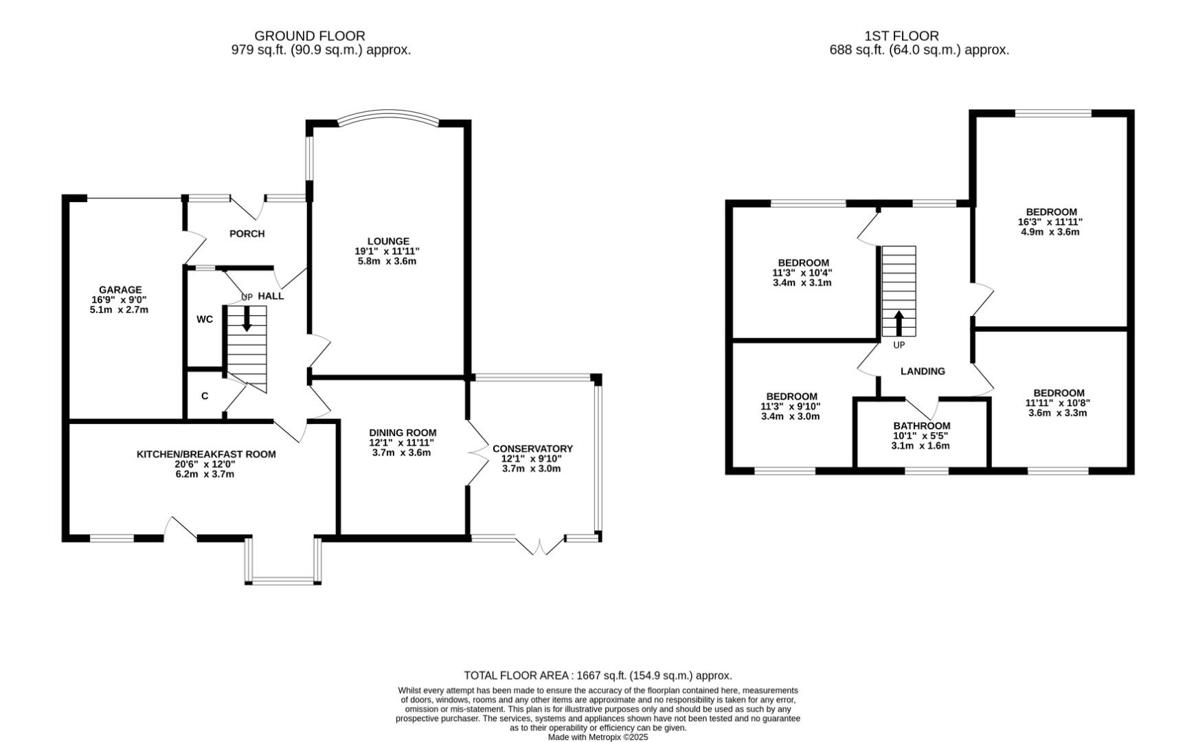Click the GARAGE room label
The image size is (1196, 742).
[120, 290]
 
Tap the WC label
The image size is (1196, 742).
[205, 319]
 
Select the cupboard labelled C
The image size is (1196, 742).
[205, 396]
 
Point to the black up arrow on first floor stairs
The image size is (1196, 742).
[899, 324]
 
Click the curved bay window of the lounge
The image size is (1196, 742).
[388, 115]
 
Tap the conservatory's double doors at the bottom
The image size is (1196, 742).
[540, 546]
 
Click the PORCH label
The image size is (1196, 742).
[247, 234]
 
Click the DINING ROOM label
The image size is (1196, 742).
[402, 433]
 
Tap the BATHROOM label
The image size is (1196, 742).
[921, 426]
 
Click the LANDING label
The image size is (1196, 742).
[923, 371]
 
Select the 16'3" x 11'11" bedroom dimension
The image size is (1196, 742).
[1050, 222]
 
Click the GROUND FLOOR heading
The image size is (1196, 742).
[309, 36]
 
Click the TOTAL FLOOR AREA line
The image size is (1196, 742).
[598, 675]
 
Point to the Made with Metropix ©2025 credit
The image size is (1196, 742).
[598, 737]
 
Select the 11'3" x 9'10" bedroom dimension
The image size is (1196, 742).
[791, 406]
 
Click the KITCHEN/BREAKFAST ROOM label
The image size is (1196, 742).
[206, 454]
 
